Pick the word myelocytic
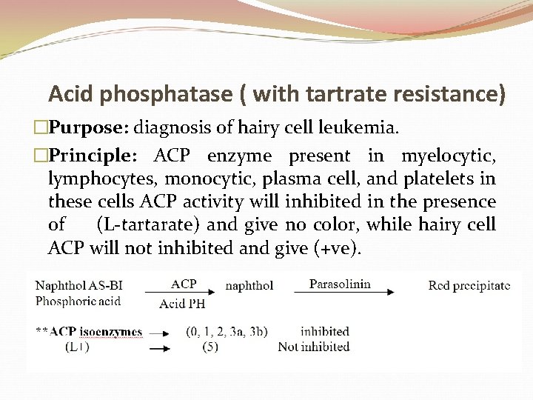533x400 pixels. (448, 156)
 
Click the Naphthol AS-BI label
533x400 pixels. (79, 286)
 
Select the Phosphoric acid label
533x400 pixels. (78, 301)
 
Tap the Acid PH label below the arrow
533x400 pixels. (182, 303)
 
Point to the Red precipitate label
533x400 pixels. (469, 286)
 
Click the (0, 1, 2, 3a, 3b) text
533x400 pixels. (227, 332)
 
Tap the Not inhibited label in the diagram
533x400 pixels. (313, 347)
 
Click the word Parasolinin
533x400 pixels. (339, 284)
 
